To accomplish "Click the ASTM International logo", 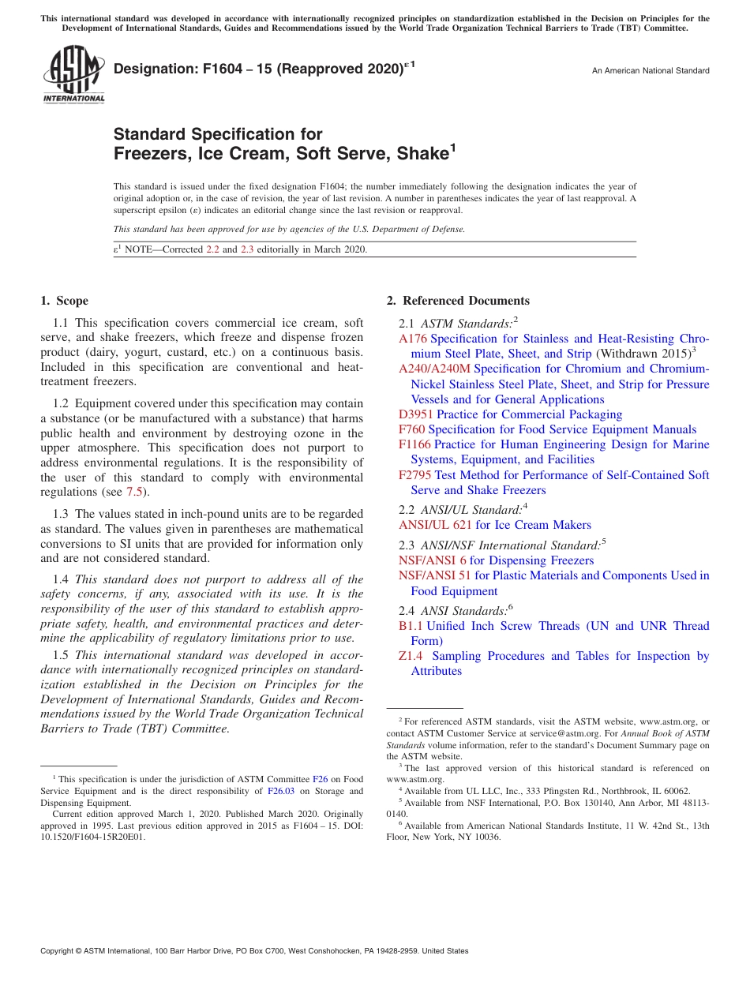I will [x=73, y=74].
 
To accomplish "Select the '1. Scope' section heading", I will [x=64, y=301].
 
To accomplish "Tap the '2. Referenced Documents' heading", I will [x=458, y=301].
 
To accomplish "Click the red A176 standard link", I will [x=413, y=339].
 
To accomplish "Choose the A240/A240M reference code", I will [x=434, y=369].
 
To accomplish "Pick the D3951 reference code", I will [x=416, y=414].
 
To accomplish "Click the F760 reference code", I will [x=411, y=429].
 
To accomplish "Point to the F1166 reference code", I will [x=414, y=444].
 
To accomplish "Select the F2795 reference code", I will [x=414, y=475].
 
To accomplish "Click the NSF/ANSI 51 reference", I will [x=435, y=575].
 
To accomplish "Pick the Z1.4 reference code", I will [x=411, y=656].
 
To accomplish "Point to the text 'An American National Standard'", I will [x=650, y=71].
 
